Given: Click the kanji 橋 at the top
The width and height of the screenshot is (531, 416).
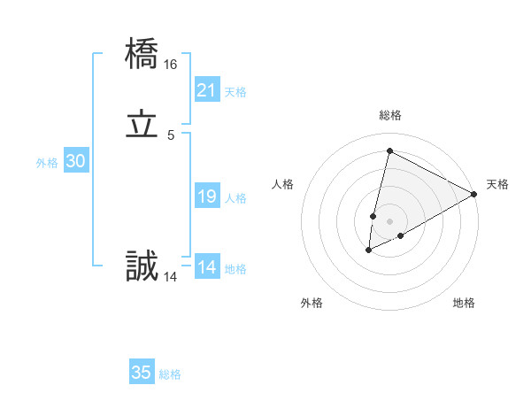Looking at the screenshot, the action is click(142, 55).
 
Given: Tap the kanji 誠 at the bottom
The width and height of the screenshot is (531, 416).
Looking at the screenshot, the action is click(142, 266).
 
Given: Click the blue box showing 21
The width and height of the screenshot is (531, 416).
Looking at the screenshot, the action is click(206, 90).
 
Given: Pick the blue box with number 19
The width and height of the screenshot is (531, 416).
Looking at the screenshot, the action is click(206, 196).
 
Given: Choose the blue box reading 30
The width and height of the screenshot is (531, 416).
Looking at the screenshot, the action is click(76, 161).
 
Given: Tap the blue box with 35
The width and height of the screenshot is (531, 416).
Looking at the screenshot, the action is click(142, 373).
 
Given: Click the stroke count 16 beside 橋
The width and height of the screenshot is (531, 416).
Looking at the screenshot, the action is click(171, 65).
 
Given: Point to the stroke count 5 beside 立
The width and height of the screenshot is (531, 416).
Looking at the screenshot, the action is click(171, 135).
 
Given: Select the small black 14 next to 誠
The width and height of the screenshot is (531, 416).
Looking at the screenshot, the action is click(171, 277).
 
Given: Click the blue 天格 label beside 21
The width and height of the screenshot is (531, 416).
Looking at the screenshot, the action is click(235, 92).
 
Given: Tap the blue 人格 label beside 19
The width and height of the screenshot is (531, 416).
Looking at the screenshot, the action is click(235, 198).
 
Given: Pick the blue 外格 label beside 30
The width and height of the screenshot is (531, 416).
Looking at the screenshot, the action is click(47, 163).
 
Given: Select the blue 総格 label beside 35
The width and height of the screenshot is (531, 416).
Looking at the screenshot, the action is click(171, 374).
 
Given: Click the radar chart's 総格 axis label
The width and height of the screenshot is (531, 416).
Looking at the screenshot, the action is click(390, 115).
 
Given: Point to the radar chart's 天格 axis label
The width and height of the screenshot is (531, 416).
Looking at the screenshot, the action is click(497, 184).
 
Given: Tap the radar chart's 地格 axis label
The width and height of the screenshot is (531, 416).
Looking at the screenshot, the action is click(464, 303).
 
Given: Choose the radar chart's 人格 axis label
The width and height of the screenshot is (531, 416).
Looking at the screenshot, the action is click(283, 184).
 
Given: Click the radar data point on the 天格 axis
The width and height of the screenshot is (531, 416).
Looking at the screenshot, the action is click(474, 194).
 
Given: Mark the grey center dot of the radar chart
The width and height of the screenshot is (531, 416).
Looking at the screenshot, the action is click(390, 220).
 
